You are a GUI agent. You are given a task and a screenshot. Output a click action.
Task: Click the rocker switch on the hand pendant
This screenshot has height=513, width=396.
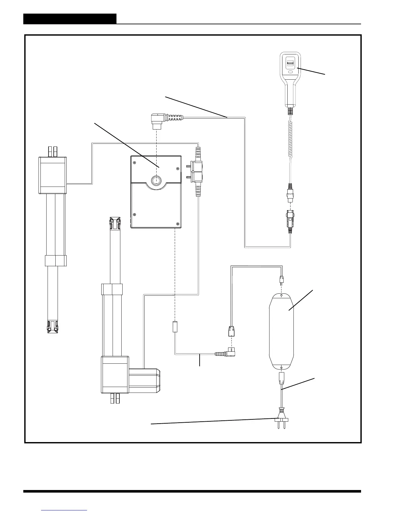pos(291,63)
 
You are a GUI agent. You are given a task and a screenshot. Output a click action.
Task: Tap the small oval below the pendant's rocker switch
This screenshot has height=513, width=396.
pos(291,72)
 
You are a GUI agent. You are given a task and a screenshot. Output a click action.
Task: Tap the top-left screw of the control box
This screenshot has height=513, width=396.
pos(135,163)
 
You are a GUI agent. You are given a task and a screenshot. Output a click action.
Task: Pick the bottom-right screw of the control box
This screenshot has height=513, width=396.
pos(178,224)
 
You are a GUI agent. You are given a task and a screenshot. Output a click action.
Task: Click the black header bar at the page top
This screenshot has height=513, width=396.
pos(70,19)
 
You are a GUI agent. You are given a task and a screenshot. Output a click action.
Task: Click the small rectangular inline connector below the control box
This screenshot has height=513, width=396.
pos(175,326)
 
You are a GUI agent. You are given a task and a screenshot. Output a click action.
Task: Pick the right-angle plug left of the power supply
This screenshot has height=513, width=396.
pos(229,351)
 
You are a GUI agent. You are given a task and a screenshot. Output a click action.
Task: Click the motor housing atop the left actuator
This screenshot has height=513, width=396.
pos(52,175)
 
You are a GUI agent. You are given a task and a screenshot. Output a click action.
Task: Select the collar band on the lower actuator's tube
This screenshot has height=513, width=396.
pos(112,289)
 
